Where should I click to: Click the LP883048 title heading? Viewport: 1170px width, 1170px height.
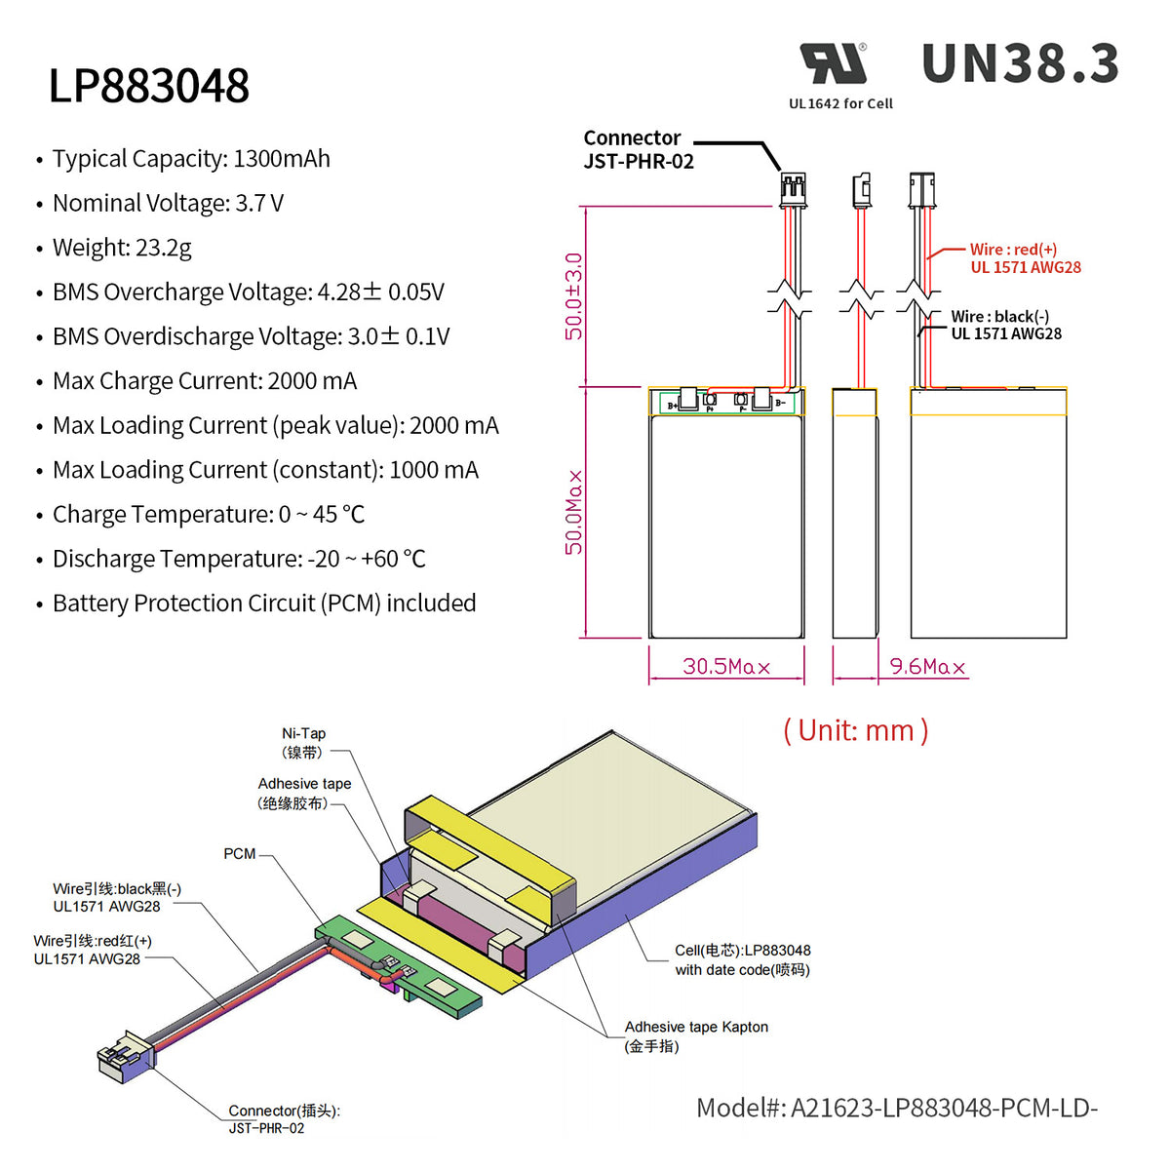149,86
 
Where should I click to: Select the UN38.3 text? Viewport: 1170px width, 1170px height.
1020,64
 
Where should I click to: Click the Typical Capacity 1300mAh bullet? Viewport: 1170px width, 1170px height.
191,159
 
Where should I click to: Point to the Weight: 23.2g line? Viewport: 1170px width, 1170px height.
122,248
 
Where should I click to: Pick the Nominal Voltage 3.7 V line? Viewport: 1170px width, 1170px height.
168,204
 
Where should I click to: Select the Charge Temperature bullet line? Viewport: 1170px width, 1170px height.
209,515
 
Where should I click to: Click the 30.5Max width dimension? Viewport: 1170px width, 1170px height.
726,667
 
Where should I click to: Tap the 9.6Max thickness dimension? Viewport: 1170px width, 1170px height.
927,667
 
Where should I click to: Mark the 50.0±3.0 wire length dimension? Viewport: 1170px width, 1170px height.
574,296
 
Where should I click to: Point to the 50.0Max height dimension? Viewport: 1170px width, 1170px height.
574,512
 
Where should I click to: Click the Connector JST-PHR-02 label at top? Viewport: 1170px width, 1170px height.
638,150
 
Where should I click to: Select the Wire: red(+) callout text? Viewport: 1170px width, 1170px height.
1025,258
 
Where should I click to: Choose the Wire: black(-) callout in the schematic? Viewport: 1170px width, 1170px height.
1005,325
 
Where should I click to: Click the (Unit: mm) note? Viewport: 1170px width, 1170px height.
855,730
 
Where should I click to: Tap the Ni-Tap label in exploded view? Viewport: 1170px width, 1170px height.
303,742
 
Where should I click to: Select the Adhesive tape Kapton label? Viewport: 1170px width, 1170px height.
695,1035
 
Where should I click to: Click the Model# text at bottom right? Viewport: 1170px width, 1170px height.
896,1109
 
